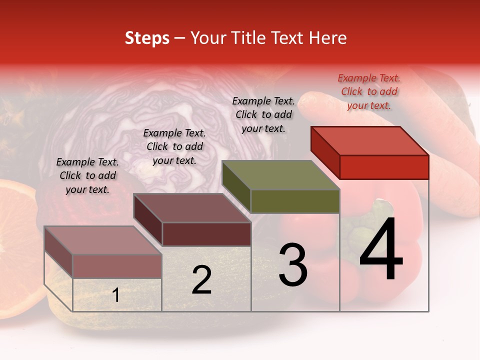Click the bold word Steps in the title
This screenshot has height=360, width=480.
coord(147,38)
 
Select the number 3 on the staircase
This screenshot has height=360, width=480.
coord(293,264)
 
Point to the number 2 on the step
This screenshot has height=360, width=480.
coord(201,280)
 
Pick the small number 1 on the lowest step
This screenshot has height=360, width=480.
coord(116,295)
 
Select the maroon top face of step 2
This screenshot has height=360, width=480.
coord(192,208)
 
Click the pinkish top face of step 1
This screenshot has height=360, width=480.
coord(103,240)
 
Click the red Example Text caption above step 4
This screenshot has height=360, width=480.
coord(369,91)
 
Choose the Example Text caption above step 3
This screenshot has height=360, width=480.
coord(263,114)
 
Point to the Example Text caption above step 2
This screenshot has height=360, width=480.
coord(174,146)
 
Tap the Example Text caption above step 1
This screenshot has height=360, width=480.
coord(87,175)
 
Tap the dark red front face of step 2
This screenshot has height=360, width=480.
coord(206,234)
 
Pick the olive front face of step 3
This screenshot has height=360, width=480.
coord(295,201)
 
